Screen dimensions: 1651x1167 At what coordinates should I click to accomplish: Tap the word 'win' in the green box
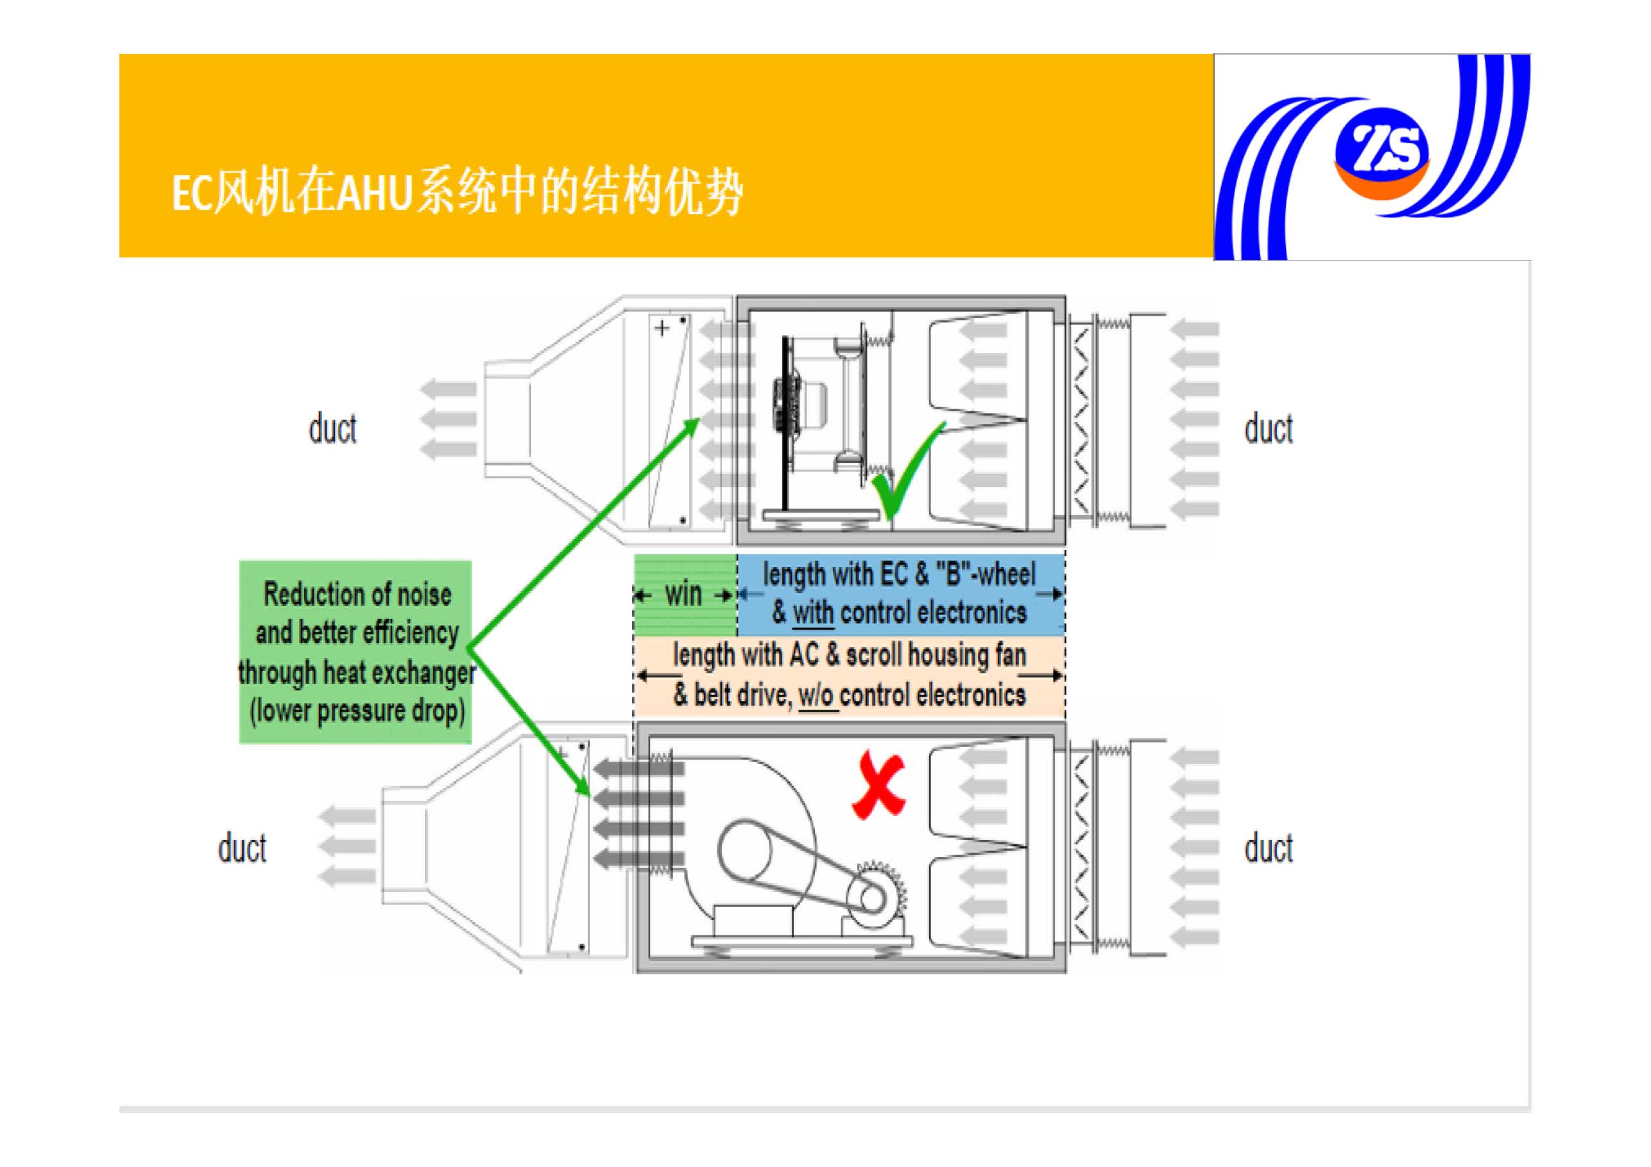(683, 595)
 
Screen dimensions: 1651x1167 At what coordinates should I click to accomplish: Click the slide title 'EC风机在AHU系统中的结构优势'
(458, 192)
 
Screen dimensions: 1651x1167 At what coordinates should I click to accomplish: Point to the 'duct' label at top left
(332, 429)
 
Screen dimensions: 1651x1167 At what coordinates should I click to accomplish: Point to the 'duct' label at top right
(1269, 429)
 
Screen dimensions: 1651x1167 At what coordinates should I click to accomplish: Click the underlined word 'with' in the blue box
(812, 613)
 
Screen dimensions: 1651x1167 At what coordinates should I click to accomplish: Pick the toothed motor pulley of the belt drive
(874, 898)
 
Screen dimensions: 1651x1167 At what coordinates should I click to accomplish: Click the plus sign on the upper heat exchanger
(662, 329)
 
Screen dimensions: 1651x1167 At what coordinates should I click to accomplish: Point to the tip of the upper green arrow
(699, 419)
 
